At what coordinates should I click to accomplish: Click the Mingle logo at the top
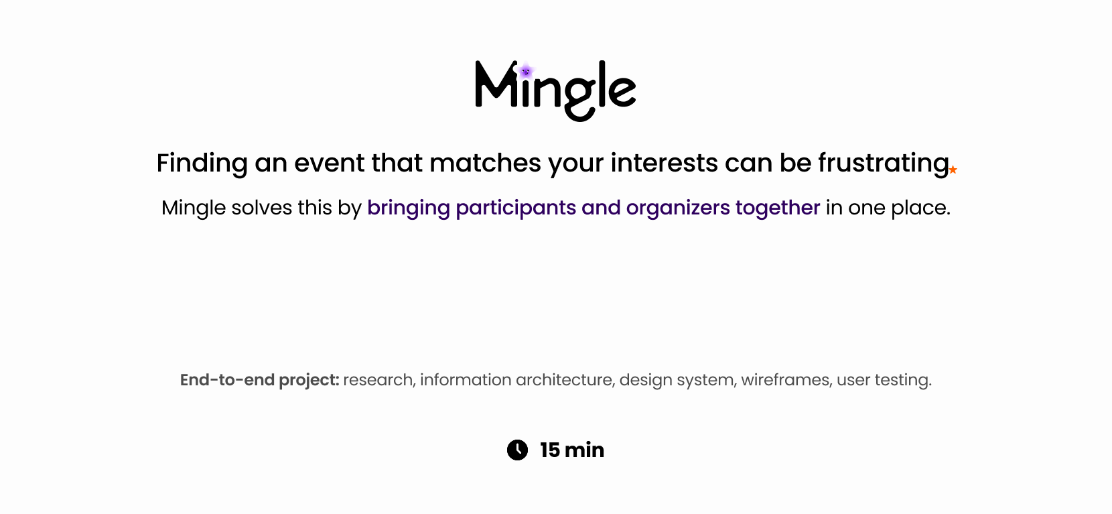[x=555, y=91]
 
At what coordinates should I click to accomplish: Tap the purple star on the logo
[x=526, y=72]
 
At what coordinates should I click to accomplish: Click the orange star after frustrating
[x=953, y=170]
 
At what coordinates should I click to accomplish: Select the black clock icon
[x=517, y=450]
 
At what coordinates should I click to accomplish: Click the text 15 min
[x=572, y=450]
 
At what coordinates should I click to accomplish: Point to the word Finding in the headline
[x=202, y=164]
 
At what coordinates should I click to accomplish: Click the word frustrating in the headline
[x=884, y=164]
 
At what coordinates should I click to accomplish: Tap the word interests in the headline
[x=665, y=163]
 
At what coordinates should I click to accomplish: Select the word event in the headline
[x=329, y=164]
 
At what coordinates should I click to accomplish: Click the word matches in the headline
[x=485, y=163]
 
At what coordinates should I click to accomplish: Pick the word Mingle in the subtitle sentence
[x=194, y=208]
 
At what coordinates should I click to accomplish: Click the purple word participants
[x=516, y=208]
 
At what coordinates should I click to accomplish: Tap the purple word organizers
[x=678, y=208]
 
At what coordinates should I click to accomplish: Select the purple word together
[x=778, y=208]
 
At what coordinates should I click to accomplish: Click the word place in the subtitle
[x=918, y=208]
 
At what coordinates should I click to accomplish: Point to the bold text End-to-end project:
[x=260, y=381]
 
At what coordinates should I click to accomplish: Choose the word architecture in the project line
[x=565, y=381]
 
